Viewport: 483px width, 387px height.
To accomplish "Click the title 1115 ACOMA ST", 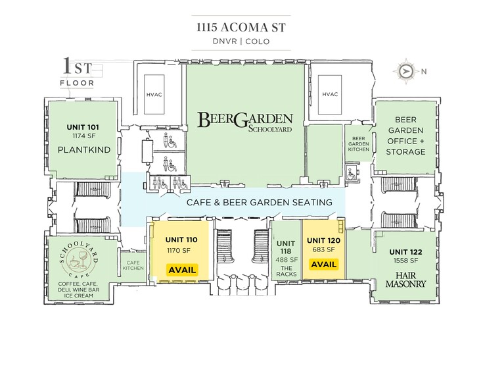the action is coord(241,28).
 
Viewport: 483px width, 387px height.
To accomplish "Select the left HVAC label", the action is coord(154,95).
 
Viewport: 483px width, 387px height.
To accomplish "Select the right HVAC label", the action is coord(330,94).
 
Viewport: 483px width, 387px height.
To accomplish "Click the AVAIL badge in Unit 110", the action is coord(182,270).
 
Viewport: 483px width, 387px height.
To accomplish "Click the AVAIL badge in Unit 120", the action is coord(323,265).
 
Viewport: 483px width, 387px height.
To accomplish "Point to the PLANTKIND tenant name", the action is coord(84,150).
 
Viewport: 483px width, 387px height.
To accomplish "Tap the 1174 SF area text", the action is coord(84,136).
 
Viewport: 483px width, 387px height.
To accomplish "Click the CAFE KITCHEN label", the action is coord(133,266).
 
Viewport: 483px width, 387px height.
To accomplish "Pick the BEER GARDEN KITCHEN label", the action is coord(359,144).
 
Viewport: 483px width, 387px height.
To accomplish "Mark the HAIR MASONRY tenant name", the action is coord(405,280).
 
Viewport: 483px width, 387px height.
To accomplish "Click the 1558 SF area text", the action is coord(405,261).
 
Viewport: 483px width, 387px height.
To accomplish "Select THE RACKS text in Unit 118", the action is coord(287,271).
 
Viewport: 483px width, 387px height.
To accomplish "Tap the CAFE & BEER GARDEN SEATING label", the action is coord(260,203).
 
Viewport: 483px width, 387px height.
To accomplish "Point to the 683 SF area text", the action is coord(323,249).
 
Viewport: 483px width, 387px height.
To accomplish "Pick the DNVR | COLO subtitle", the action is coord(241,41).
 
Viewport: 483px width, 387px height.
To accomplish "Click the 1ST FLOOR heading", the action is coord(78,72).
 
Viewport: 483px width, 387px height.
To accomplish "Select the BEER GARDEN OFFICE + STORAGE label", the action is coord(405,136).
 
